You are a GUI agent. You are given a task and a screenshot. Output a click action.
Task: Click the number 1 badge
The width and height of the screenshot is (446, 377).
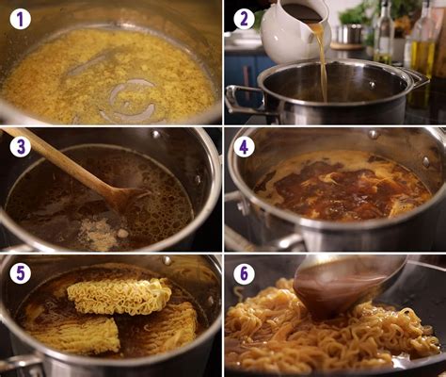20,19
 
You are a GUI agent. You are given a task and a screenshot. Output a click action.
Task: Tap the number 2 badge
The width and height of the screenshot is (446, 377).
244,19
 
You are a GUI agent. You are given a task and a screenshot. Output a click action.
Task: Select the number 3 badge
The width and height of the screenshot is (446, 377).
20,146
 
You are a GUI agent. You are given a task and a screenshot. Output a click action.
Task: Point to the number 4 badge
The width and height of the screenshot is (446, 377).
244,146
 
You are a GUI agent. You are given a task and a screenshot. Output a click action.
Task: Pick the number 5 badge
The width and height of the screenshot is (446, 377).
20,273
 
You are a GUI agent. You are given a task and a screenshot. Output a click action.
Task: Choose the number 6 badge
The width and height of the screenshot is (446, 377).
244,273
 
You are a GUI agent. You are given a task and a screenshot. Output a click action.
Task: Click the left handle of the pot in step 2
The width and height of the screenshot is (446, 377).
241,97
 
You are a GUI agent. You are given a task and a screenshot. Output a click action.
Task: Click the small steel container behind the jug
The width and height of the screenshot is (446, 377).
351,34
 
